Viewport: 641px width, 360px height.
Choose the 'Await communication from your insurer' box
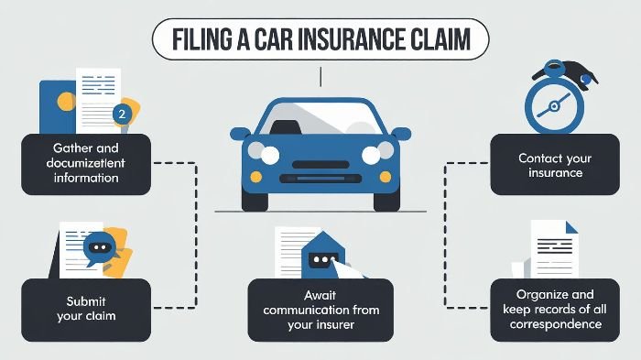click(320, 310)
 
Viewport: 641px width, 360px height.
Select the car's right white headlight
click(372, 155)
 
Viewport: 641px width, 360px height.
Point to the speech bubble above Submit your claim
click(98, 247)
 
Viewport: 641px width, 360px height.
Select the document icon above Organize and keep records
click(553, 247)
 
